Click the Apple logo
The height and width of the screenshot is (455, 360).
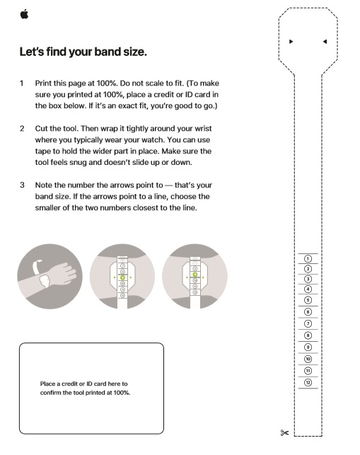pyautogui.click(x=24, y=14)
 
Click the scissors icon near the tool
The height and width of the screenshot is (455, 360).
pyautogui.click(x=284, y=433)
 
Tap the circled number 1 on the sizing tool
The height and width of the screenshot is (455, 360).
pyautogui.click(x=308, y=258)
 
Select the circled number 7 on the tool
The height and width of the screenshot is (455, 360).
pyautogui.click(x=308, y=323)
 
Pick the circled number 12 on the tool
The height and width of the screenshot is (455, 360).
pyautogui.click(x=308, y=382)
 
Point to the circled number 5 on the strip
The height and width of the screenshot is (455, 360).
pyautogui.click(x=308, y=300)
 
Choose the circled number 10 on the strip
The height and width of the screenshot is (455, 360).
pyautogui.click(x=308, y=359)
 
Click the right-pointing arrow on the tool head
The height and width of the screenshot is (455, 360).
pyautogui.click(x=291, y=42)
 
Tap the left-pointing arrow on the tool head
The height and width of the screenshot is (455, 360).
pyautogui.click(x=325, y=42)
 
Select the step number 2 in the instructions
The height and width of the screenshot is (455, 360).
pyautogui.click(x=22, y=128)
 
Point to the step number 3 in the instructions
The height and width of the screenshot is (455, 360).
pyautogui.click(x=22, y=185)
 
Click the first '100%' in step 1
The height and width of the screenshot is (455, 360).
pyautogui.click(x=107, y=83)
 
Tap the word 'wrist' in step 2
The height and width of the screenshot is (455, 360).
pyautogui.click(x=203, y=128)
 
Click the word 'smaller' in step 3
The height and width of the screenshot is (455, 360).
pyautogui.click(x=47, y=208)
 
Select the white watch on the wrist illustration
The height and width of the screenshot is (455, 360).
pyautogui.click(x=45, y=281)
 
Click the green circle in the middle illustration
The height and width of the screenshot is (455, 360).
pyautogui.click(x=122, y=277)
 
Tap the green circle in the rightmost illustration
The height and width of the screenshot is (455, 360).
pyautogui.click(x=195, y=275)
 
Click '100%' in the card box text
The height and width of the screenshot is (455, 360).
pyautogui.click(x=122, y=393)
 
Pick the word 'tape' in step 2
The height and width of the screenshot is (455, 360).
pyautogui.click(x=42, y=151)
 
